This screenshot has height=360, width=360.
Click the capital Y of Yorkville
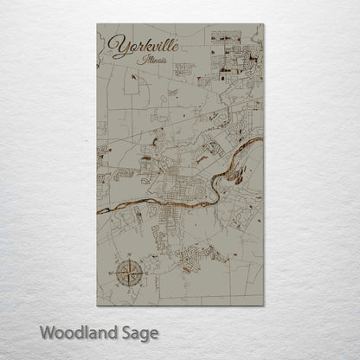pos(114,43)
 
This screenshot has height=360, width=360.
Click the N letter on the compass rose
pos(124,260)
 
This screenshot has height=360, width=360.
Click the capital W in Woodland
pos(42,332)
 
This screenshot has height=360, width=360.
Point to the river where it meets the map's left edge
pos(95,210)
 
